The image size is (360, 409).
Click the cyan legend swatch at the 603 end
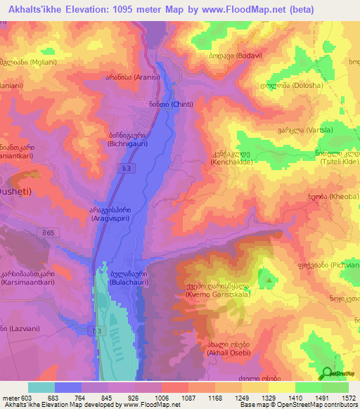(41, 387)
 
